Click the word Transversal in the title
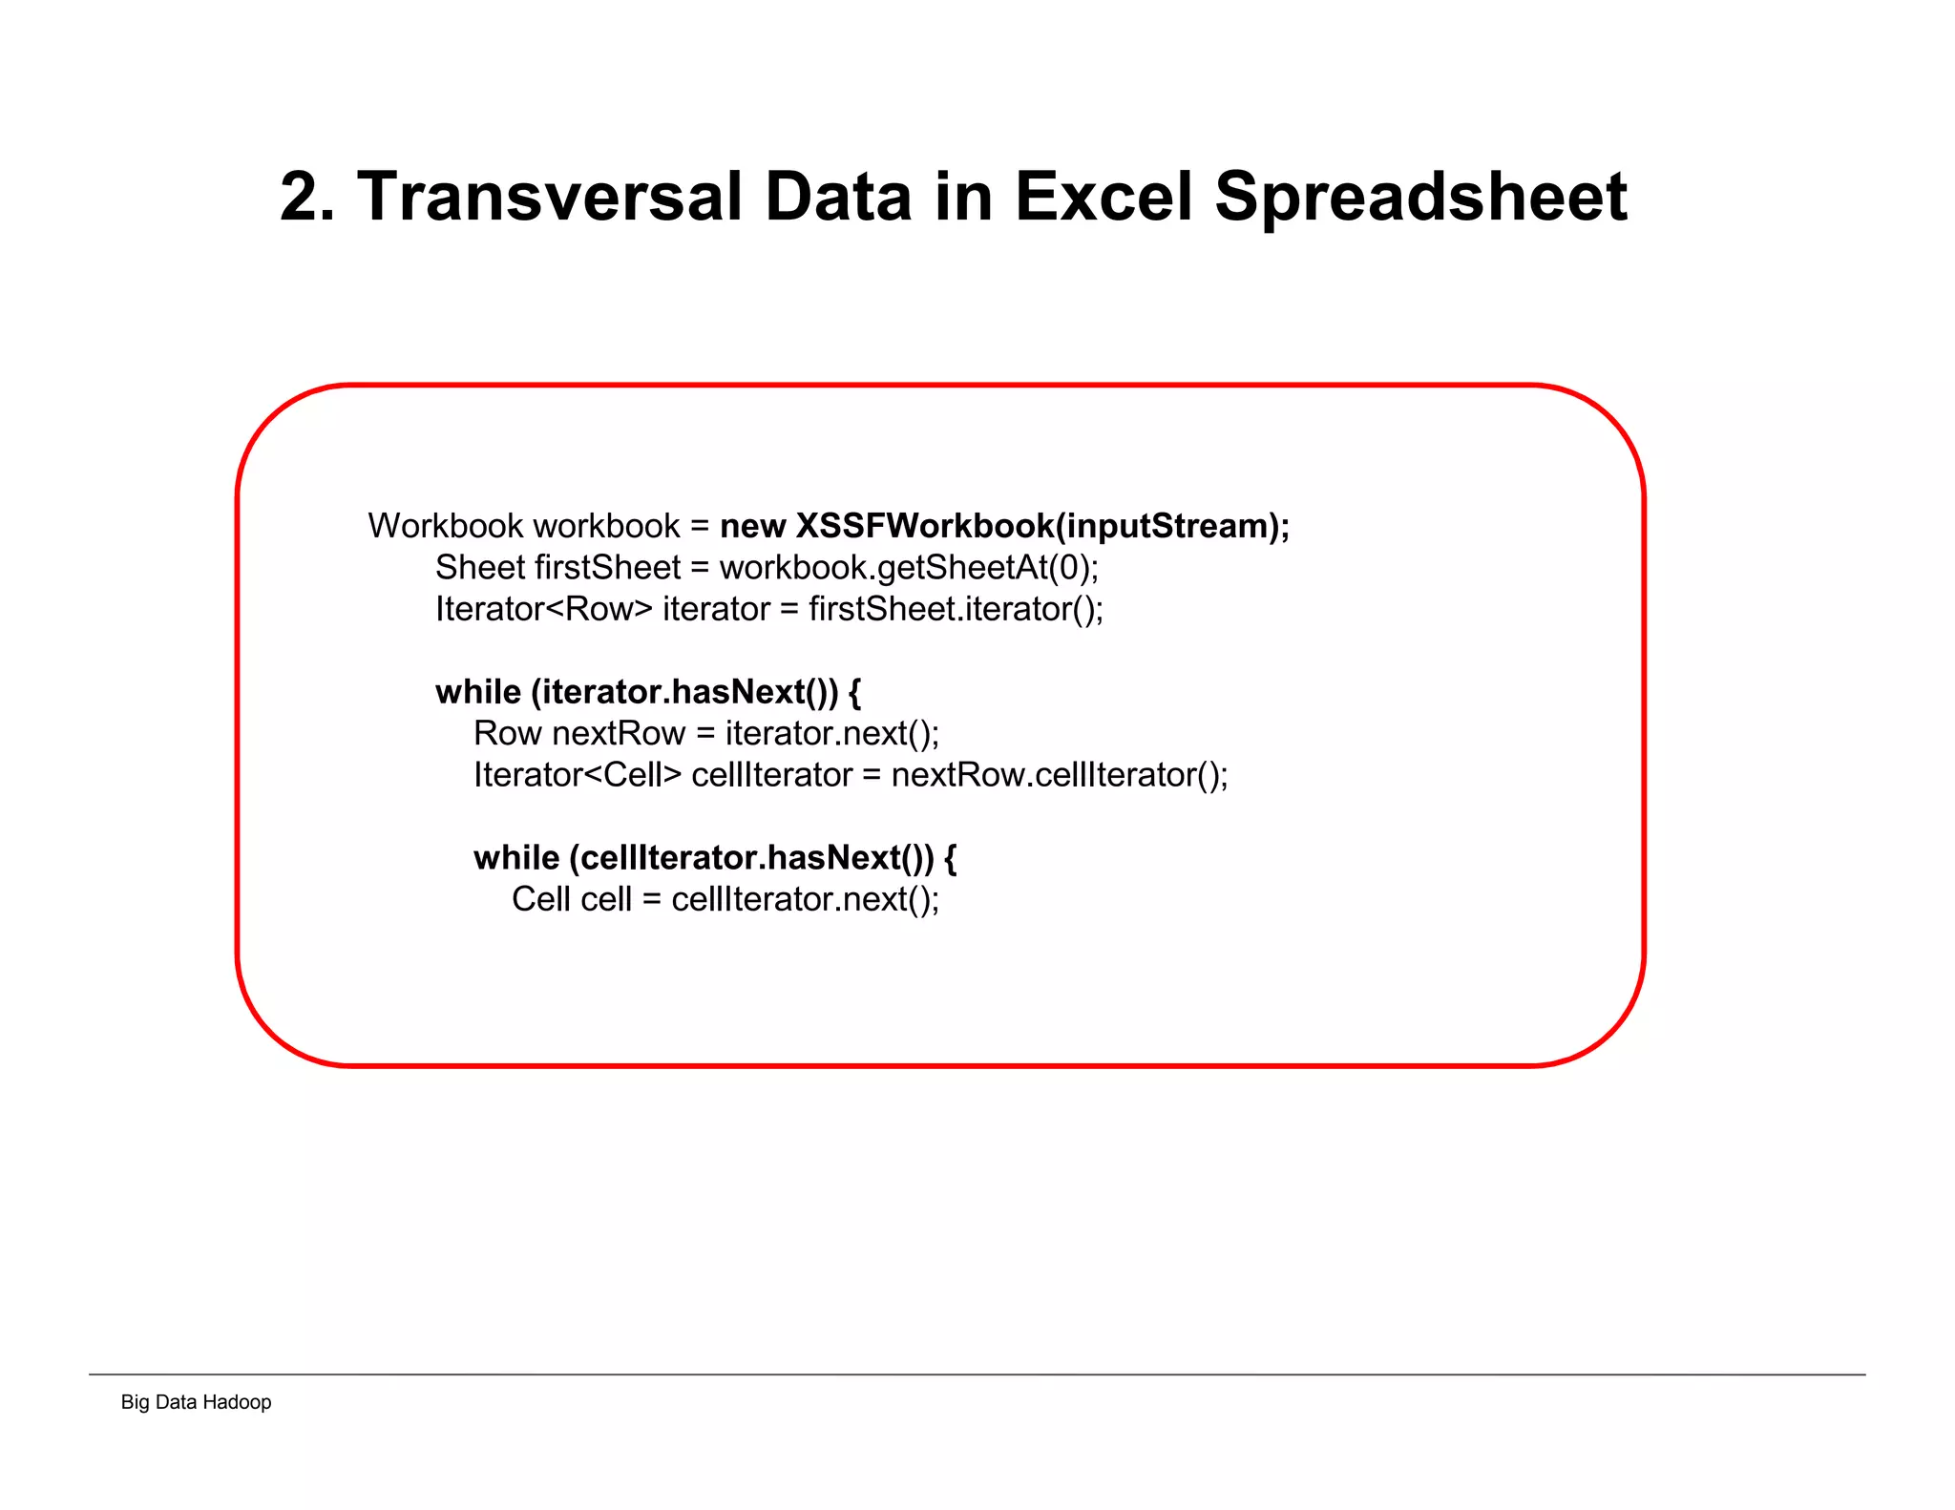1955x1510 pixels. [549, 197]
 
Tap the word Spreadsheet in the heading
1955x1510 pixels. [1420, 197]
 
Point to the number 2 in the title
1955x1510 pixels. [299, 197]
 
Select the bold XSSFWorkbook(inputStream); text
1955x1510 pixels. [1042, 526]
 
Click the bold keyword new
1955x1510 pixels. [752, 526]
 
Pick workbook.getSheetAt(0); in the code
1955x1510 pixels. [909, 568]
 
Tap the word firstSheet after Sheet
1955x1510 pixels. [607, 568]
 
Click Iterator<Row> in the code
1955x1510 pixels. [544, 609]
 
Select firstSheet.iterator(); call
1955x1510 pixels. [956, 609]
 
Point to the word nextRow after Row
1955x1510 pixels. [619, 733]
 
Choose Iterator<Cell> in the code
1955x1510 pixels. [578, 775]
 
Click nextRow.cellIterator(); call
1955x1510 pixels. [1060, 775]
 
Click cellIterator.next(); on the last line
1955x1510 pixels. [805, 899]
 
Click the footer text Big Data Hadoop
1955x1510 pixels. [196, 1402]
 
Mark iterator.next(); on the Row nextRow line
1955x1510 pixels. [832, 733]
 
